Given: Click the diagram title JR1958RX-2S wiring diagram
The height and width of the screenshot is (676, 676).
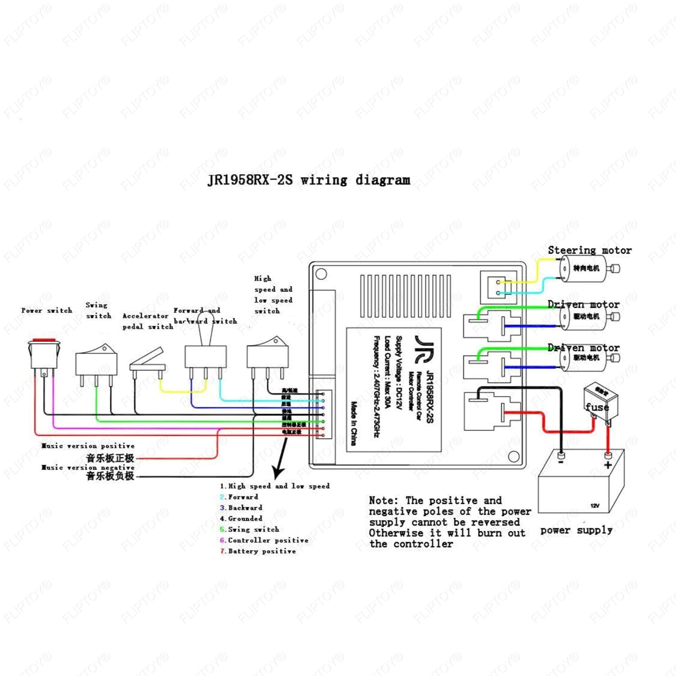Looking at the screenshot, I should pyautogui.click(x=309, y=180).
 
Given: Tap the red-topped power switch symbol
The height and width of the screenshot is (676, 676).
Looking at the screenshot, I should pyautogui.click(x=44, y=353).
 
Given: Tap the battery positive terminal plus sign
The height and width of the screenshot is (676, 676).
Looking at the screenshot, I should pyautogui.click(x=608, y=465).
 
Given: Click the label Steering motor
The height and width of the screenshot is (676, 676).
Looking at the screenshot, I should pyautogui.click(x=589, y=251).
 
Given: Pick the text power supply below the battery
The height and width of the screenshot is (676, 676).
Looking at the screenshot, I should pyautogui.click(x=576, y=530).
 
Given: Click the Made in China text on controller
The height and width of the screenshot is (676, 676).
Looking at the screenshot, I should pyautogui.click(x=354, y=423).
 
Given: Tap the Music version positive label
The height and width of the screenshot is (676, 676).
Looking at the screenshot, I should pyautogui.click(x=88, y=446).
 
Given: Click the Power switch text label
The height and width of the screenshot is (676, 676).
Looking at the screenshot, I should pyautogui.click(x=47, y=311).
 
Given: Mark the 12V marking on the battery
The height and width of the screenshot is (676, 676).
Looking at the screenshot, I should pyautogui.click(x=595, y=506).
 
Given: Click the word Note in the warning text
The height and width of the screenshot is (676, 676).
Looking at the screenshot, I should pyautogui.click(x=384, y=501).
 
